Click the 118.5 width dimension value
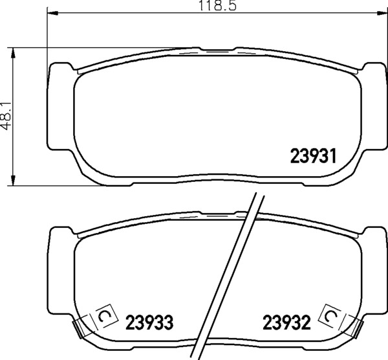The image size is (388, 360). pyautogui.click(x=218, y=5)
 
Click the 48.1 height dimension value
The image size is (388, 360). pyautogui.click(x=6, y=116)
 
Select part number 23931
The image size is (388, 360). pyautogui.click(x=314, y=156)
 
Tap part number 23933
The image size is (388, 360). pyautogui.click(x=149, y=322)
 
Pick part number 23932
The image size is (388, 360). pyautogui.click(x=286, y=322)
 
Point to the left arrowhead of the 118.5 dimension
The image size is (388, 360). pyautogui.click(x=52, y=13)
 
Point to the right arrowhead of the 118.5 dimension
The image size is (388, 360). pyautogui.click(x=382, y=13)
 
